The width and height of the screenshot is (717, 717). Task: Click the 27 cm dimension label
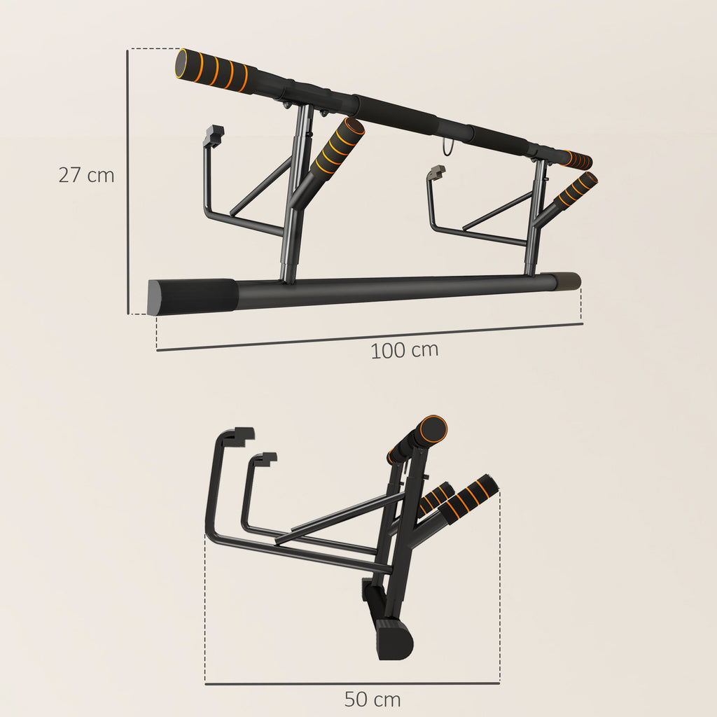click(x=85, y=175)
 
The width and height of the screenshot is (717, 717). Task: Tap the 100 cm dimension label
click(x=404, y=350)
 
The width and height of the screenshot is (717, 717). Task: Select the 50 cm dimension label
click(x=372, y=699)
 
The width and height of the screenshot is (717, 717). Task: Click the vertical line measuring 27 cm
click(x=127, y=182)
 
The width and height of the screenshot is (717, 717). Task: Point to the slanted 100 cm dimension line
click(x=369, y=337)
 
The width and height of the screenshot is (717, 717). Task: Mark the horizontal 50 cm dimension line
click(x=351, y=683)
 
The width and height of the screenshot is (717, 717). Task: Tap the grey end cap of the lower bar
click(x=568, y=281)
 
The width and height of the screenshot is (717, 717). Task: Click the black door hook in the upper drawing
click(x=214, y=134)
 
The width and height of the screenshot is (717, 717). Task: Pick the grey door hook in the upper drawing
click(x=436, y=172)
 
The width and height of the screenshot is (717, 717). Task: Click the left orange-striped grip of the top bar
click(x=214, y=70)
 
